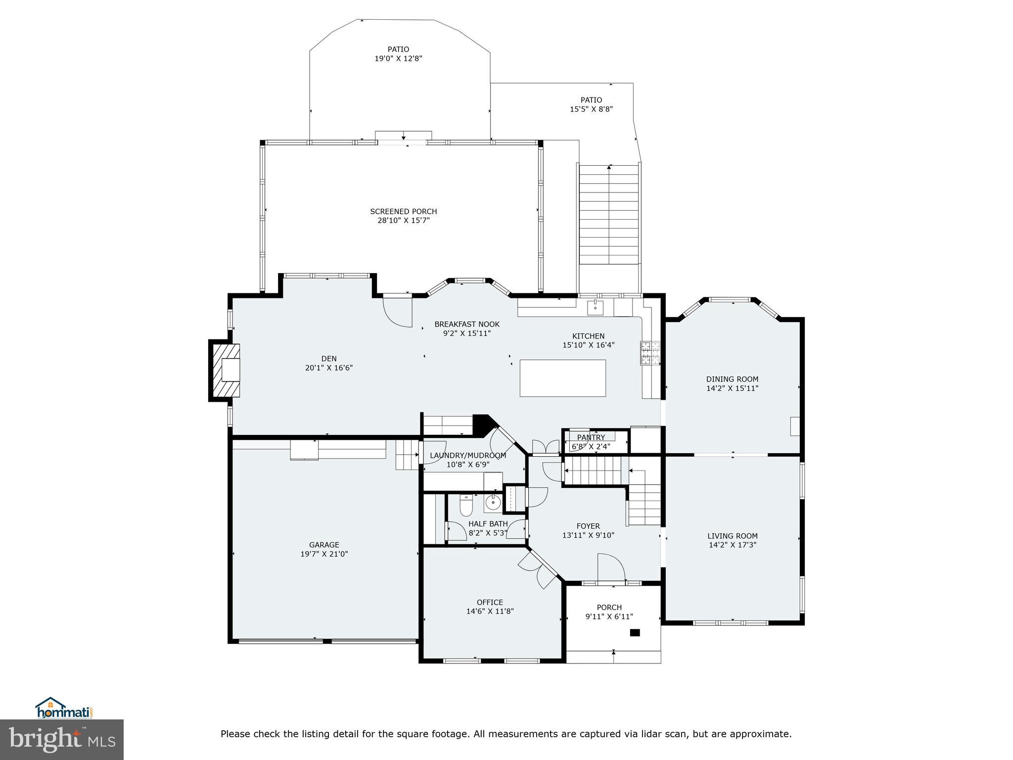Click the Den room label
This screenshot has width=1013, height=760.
coord(329,359)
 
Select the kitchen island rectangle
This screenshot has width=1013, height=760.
coord(562,378)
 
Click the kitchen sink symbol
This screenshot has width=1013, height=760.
coord(596,307)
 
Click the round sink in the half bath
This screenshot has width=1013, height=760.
coord(492,503)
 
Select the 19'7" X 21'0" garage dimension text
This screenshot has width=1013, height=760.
coord(324,554)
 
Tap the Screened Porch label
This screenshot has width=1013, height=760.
coord(403,211)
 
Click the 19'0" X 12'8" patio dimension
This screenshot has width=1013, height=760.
coord(398,58)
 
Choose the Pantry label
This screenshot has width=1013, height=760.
coord(591,437)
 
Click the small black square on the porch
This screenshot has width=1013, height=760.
coord(635,632)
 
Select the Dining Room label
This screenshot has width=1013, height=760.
coord(732,379)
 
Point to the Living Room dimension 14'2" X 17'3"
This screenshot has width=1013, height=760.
coord(733,545)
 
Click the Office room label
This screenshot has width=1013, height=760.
coord(490,602)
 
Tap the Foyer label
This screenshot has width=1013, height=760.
coord(588,526)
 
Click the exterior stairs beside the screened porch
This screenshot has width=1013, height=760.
coord(609,215)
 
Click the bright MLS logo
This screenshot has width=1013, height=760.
coord(62,740)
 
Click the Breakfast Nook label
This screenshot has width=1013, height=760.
coord(467,324)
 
